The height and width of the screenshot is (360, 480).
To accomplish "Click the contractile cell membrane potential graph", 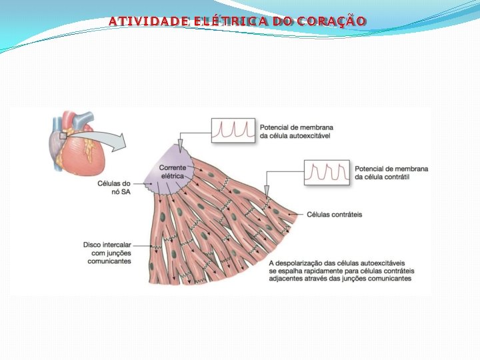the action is tap(327, 171).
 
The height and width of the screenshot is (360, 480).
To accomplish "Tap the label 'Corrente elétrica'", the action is tap(172, 171).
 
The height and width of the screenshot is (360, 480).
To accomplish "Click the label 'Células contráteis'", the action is tap(334, 215).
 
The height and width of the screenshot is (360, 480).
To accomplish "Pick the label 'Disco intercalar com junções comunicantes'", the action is tap(108, 253).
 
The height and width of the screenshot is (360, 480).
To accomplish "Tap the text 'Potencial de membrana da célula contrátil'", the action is tap(391, 173).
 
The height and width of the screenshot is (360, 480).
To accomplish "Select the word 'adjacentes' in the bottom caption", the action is tap(286, 279).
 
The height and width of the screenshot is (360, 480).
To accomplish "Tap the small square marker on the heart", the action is tap(62, 135).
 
